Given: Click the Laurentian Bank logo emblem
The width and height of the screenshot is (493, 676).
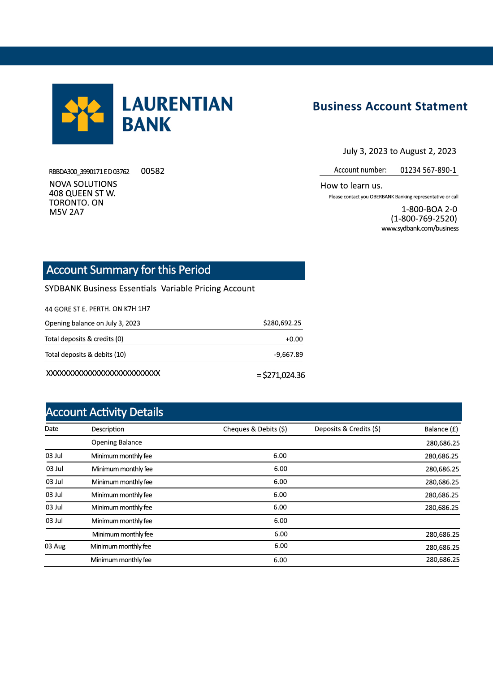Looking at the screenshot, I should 82,114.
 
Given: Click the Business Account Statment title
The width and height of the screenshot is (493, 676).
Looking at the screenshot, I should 390,107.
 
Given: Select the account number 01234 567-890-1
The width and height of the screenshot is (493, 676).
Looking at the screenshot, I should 428,170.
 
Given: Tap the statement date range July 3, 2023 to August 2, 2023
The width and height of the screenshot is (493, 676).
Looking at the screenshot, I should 399,151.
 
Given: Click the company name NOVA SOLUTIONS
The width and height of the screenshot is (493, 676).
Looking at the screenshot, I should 83,184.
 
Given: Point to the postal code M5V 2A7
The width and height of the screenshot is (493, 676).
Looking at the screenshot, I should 66,212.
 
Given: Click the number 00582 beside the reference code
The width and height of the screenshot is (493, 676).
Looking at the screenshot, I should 152,171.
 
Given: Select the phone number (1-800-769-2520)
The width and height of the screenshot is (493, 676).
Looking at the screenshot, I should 424,218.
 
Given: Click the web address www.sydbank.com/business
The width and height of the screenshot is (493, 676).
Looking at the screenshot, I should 420,228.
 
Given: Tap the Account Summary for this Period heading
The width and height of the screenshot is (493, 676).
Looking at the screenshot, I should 129,270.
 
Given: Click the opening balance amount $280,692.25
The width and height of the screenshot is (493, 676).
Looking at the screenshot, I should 282,323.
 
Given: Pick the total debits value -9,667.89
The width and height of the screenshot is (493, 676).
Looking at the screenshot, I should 288,355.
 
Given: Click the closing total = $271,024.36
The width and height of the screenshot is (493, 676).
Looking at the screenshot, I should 281,375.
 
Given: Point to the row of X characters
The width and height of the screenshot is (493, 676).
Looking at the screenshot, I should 103,373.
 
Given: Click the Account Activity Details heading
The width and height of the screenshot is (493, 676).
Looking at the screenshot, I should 105,412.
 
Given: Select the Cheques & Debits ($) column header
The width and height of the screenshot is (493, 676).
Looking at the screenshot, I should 255,429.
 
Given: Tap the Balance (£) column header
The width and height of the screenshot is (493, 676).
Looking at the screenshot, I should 441,429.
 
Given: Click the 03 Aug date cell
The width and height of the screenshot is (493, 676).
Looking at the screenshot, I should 55,546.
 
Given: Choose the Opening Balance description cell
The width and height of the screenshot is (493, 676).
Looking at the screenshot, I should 117,442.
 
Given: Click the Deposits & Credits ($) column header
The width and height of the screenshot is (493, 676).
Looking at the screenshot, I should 347,429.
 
